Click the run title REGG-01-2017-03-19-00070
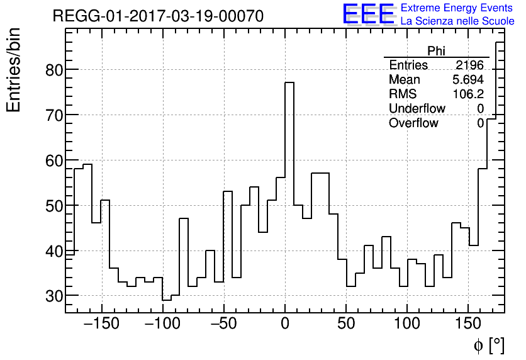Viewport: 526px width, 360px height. click(x=158, y=16)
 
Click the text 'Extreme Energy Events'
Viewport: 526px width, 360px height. click(x=457, y=8)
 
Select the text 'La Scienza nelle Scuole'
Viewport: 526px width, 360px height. click(x=457, y=21)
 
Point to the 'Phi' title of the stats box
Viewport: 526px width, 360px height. click(x=436, y=51)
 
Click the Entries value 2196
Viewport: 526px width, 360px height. click(x=469, y=65)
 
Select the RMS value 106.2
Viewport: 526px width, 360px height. click(x=468, y=94)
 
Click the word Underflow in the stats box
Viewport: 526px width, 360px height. click(x=417, y=108)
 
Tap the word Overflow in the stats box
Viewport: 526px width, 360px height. click(x=413, y=123)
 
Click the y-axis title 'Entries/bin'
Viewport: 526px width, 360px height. click(x=14, y=70)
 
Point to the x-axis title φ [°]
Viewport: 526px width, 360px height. click(x=488, y=345)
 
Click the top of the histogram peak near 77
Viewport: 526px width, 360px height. click(x=289, y=82)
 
